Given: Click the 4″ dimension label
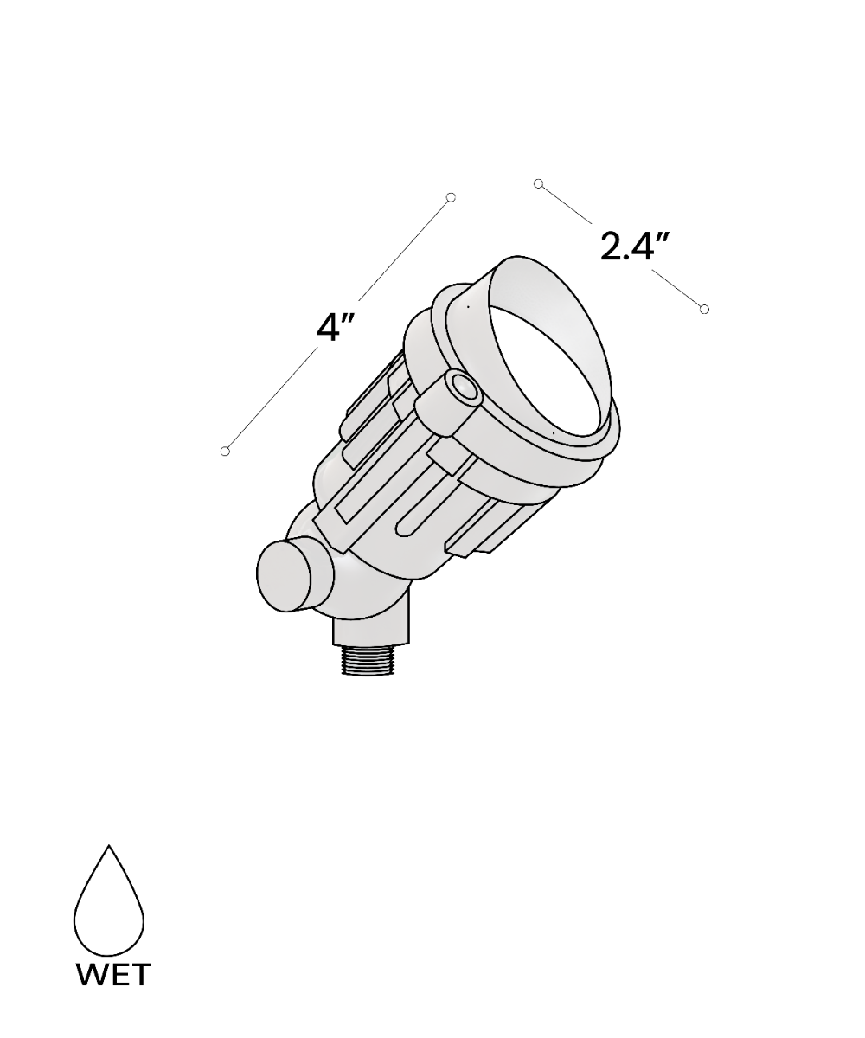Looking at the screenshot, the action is [335, 328].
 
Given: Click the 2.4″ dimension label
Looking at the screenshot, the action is [635, 245].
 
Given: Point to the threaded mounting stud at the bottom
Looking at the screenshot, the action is [367, 660].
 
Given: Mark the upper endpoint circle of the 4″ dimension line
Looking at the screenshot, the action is [451, 197].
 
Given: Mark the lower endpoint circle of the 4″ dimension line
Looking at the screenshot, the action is [225, 451].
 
